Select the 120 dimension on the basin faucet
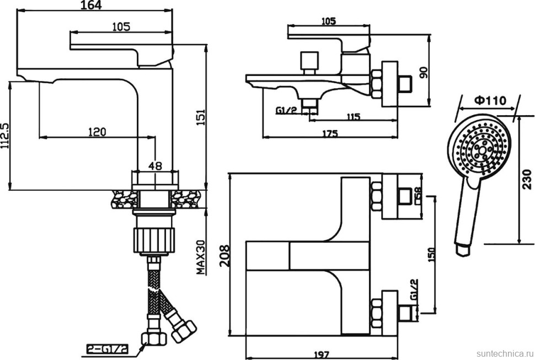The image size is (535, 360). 97,131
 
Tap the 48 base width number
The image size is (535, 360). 156,165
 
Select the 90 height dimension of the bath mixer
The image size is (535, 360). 425,73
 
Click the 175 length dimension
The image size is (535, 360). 330,134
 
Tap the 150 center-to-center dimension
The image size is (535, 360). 431,254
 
